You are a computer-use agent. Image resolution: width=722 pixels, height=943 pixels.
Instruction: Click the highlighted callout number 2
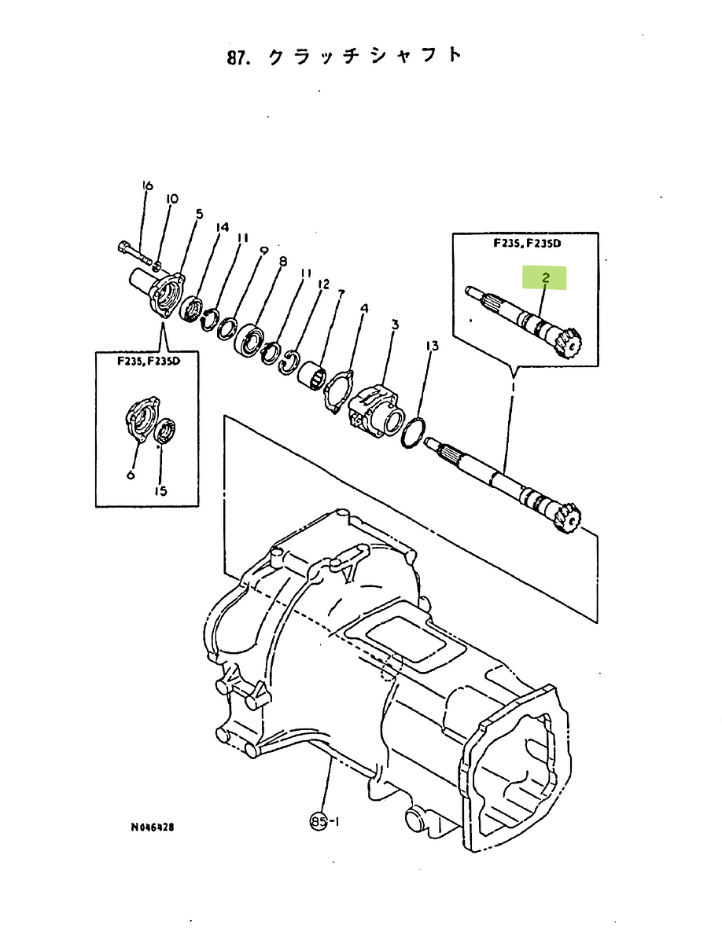(545, 278)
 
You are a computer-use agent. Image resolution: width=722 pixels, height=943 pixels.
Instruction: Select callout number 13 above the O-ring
(432, 346)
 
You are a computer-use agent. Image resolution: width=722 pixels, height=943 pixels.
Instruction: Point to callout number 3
(394, 325)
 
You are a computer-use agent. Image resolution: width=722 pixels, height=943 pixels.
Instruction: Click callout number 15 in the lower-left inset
(160, 490)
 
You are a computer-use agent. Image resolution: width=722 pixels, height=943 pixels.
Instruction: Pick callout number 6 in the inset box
(131, 475)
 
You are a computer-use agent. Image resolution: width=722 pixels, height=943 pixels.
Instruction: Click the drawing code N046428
(153, 827)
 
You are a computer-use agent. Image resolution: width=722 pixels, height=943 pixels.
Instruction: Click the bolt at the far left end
(135, 254)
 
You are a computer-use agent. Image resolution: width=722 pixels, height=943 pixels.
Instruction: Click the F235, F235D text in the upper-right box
(527, 244)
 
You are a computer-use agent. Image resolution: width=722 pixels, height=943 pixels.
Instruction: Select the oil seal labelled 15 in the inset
(164, 431)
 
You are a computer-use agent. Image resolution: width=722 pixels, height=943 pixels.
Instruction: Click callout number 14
(222, 227)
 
